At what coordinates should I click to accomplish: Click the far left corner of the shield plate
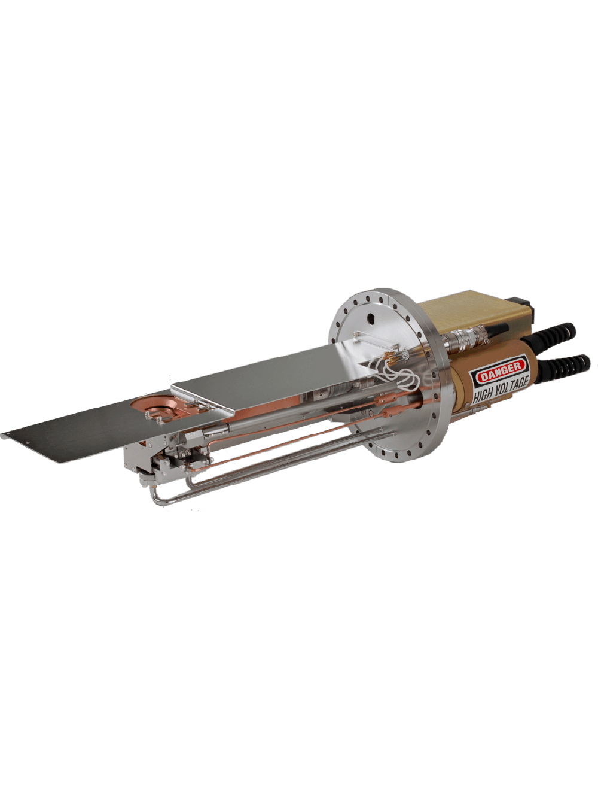pos(5,435)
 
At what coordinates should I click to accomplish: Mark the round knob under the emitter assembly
pos(145,476)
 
